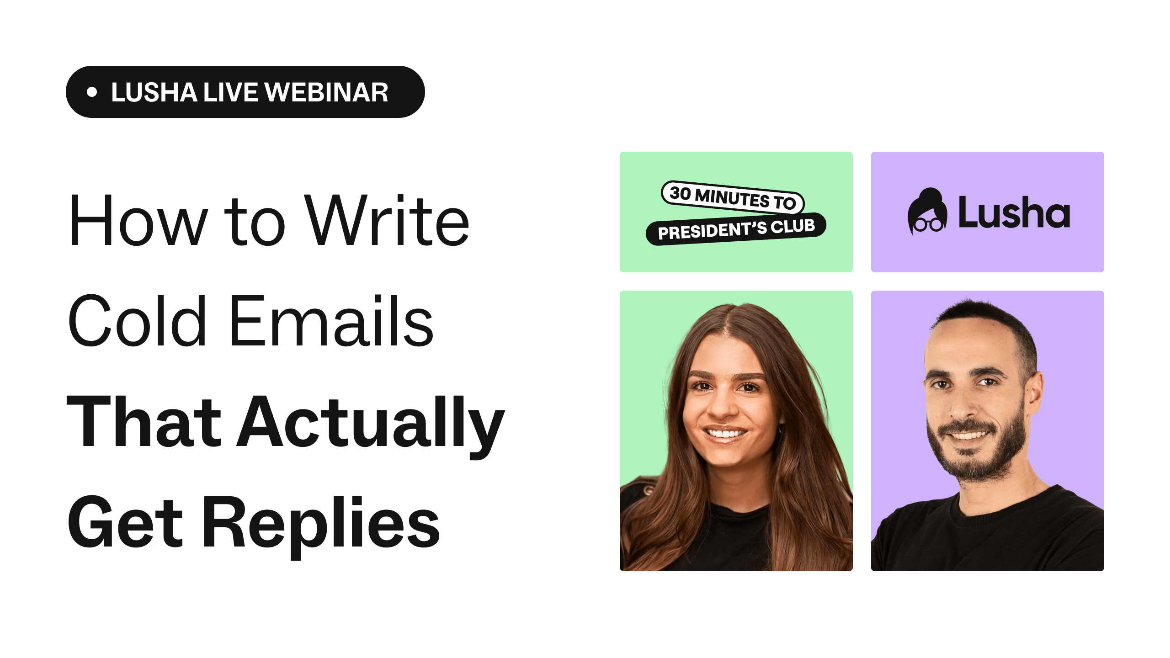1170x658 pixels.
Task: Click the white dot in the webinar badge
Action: point(92,92)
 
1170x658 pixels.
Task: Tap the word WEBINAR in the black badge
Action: point(326,92)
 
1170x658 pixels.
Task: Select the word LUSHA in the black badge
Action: point(154,92)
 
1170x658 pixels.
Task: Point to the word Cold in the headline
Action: point(137,320)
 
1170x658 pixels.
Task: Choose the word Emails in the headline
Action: point(331,320)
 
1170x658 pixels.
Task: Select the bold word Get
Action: point(125,522)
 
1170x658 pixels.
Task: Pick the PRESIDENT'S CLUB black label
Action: point(736,229)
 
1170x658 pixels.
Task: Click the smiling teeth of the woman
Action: point(724,432)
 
